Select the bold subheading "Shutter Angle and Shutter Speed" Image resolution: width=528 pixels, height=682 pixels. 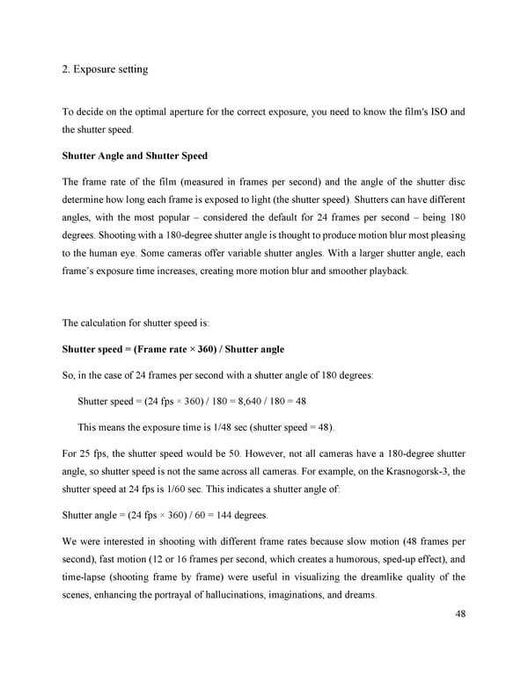point(135,156)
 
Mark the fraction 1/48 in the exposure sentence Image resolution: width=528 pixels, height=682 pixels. point(200,427)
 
